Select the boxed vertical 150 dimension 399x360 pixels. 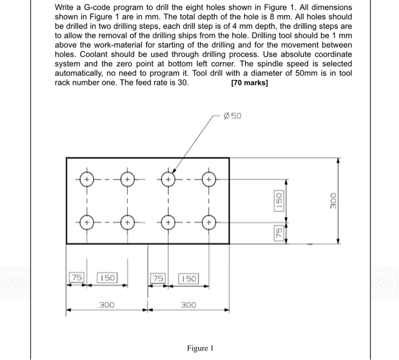click(x=279, y=200)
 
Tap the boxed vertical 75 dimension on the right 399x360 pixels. click(x=279, y=233)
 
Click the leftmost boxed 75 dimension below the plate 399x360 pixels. click(x=75, y=278)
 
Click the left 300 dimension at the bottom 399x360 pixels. click(x=107, y=305)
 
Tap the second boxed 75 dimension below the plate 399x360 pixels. click(x=157, y=278)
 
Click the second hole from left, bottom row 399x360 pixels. click(x=127, y=220)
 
